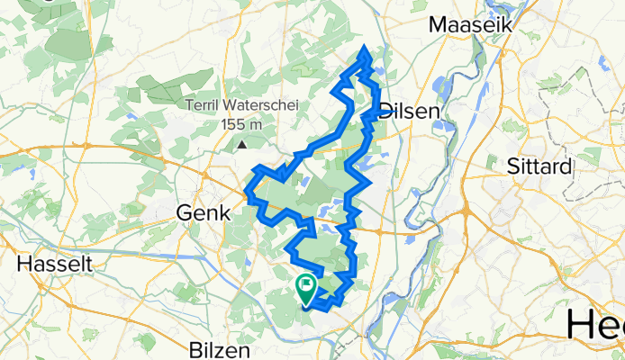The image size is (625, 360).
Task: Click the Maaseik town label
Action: point(470,25)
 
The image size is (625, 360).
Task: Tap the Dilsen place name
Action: point(410,111)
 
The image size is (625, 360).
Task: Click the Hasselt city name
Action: point(51,265)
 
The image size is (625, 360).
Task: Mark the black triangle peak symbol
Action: point(242,143)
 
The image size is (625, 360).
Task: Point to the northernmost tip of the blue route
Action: point(364,48)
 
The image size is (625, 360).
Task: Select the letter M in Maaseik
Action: point(437,25)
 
